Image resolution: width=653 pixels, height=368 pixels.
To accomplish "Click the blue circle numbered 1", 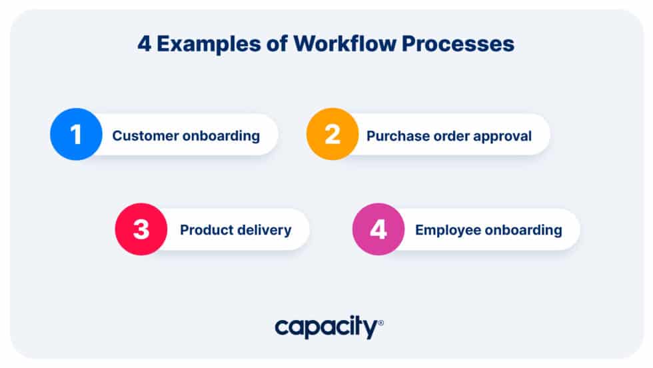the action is (x=76, y=134).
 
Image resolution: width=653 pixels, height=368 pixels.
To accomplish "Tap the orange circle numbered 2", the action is (x=332, y=134).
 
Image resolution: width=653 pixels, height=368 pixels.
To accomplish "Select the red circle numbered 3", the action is (x=141, y=229).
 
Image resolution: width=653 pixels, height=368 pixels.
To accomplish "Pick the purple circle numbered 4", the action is (x=378, y=229).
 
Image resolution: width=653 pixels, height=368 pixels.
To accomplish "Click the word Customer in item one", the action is (x=145, y=136).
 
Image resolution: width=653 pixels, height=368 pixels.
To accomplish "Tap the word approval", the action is (x=502, y=137).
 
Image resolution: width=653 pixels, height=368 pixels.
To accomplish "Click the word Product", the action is (x=204, y=230).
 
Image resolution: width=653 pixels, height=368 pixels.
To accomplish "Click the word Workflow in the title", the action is (x=345, y=43).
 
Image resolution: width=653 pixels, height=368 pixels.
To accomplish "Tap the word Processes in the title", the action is (x=458, y=43).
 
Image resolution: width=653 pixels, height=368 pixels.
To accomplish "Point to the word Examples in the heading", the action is (x=209, y=44).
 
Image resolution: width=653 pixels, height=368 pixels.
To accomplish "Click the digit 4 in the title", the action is (x=144, y=44).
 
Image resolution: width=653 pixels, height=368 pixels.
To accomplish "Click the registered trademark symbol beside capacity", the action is (x=380, y=323).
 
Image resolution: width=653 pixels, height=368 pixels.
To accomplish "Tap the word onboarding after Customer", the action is (x=221, y=136).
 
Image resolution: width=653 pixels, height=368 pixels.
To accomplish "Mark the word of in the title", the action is (x=277, y=43).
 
